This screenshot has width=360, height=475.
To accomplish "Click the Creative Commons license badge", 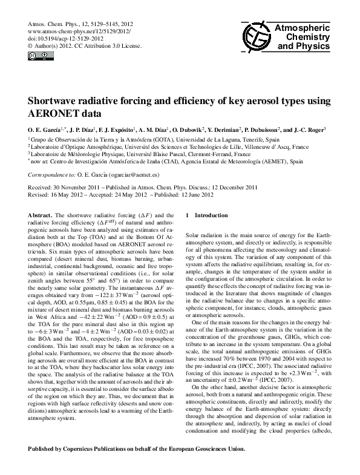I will click(36, 57).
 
